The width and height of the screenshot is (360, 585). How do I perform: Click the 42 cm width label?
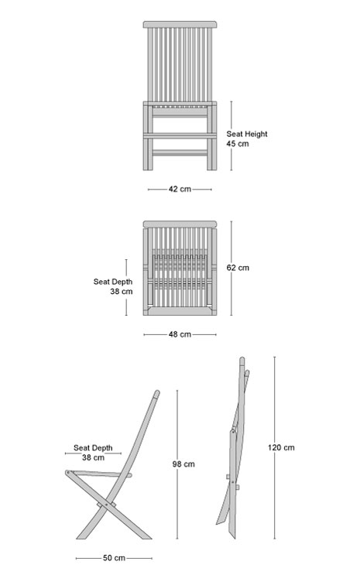tap(180, 189)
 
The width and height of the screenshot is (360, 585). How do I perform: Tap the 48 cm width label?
tap(180, 334)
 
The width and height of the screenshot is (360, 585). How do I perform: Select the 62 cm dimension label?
tap(238, 268)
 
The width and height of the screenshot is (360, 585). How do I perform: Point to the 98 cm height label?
tap(183, 464)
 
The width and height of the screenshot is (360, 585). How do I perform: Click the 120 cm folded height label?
tap(281, 447)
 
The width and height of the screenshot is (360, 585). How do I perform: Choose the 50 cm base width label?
tap(114, 558)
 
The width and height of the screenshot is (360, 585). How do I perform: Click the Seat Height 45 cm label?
tap(247, 139)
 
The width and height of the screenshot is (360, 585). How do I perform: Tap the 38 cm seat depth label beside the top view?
tap(122, 292)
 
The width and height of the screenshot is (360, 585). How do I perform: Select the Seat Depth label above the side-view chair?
tap(93, 448)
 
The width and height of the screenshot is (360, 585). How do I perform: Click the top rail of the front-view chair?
tap(180, 25)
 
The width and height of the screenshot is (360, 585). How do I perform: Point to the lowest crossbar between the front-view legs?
tap(180, 152)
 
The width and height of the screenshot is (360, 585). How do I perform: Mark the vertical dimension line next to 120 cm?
tap(275, 448)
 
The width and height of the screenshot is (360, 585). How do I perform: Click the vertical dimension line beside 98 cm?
tap(177, 464)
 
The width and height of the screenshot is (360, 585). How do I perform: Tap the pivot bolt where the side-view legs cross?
tap(106, 505)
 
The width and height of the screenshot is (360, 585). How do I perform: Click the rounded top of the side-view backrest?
tap(157, 393)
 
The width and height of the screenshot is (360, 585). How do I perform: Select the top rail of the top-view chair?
tap(180, 224)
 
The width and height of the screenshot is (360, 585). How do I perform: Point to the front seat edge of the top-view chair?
tap(180, 311)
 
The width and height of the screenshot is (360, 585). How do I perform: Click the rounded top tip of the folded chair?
tap(242, 360)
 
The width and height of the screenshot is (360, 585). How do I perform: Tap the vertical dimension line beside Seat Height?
tap(231, 136)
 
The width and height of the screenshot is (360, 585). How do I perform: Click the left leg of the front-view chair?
tap(148, 136)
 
